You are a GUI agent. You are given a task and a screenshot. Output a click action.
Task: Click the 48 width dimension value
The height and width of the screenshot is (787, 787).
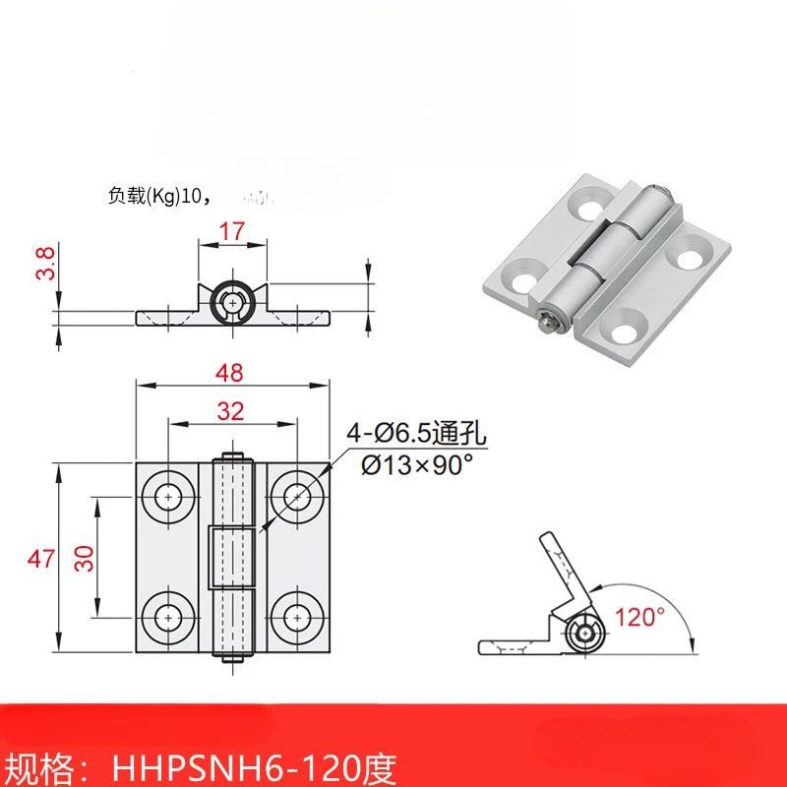click(x=231, y=373)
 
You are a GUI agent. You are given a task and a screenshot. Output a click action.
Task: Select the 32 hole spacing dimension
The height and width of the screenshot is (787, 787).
click(x=231, y=412)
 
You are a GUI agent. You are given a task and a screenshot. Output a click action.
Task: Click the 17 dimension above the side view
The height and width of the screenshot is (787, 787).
click(x=231, y=232)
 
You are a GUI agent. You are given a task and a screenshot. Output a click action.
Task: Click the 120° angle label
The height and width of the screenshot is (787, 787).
click(x=640, y=618)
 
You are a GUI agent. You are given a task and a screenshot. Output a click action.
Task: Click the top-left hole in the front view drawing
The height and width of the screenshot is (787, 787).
click(x=168, y=498)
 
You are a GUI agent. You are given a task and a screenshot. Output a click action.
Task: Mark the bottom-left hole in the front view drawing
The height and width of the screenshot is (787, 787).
click(x=168, y=617)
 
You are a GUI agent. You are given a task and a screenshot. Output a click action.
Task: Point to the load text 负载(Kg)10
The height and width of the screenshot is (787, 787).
click(x=156, y=196)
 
